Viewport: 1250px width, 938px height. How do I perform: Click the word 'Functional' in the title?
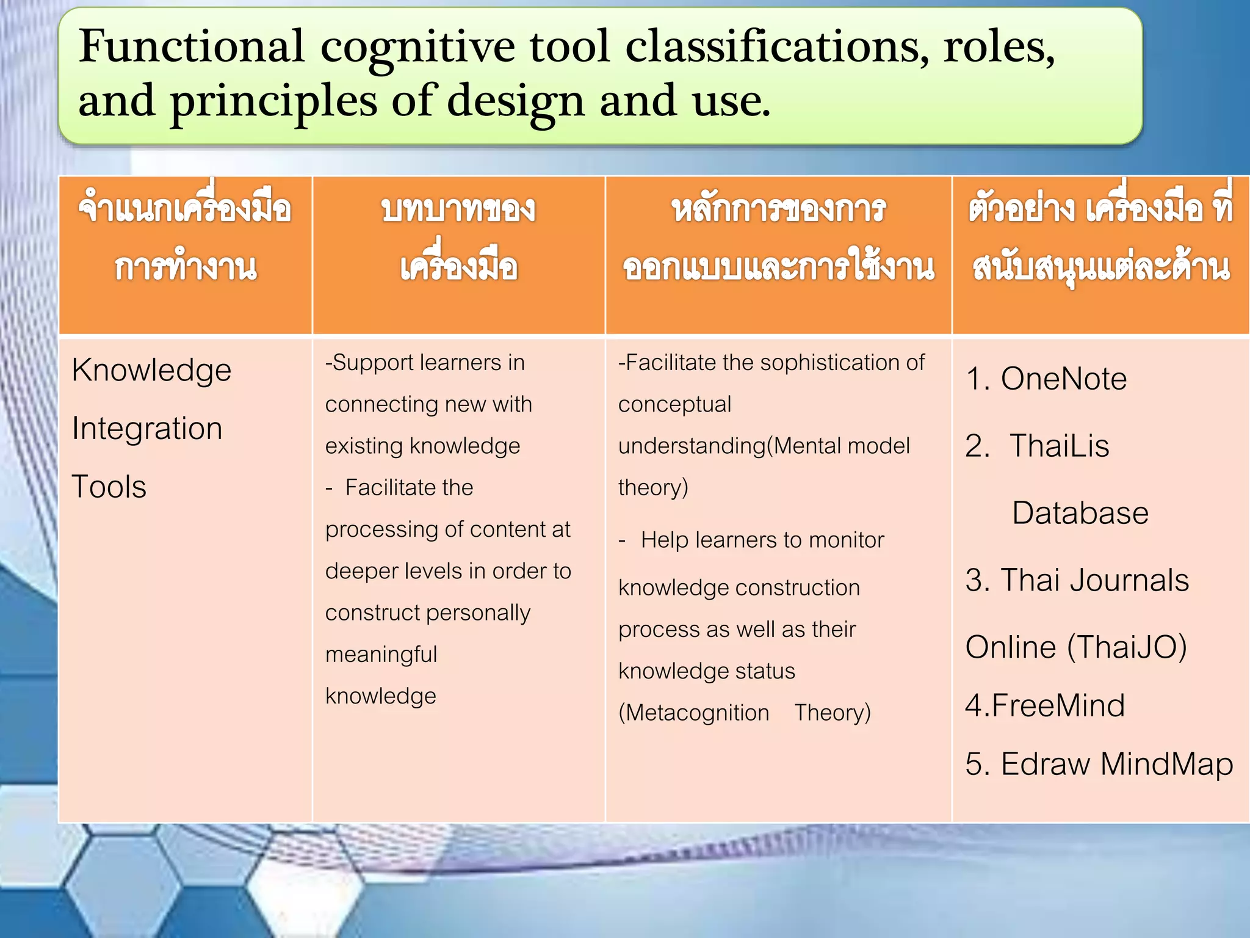tap(191, 46)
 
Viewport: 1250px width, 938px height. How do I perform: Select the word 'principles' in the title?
tap(273, 101)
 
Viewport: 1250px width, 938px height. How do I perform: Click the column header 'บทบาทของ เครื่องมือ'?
tap(458, 238)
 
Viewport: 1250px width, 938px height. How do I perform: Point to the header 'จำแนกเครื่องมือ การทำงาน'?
tap(185, 238)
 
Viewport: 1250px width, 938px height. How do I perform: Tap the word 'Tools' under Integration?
tap(109, 487)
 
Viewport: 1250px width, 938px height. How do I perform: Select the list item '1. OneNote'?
tap(1046, 379)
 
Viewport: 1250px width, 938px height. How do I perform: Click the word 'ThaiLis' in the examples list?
tap(1059, 446)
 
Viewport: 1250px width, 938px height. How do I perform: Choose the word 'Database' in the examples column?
tap(1080, 513)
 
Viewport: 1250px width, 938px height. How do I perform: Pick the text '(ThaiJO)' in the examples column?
tap(1127, 647)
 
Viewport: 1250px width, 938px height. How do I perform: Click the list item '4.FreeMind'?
tap(1045, 706)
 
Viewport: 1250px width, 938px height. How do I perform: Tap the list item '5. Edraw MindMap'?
tap(1099, 764)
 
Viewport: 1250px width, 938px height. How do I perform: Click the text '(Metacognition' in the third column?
tap(694, 713)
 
